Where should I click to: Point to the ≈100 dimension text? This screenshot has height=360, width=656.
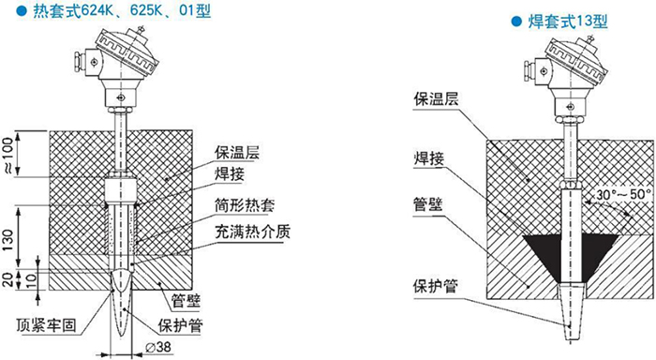[9, 149]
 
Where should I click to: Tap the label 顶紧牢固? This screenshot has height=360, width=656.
[48, 325]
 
